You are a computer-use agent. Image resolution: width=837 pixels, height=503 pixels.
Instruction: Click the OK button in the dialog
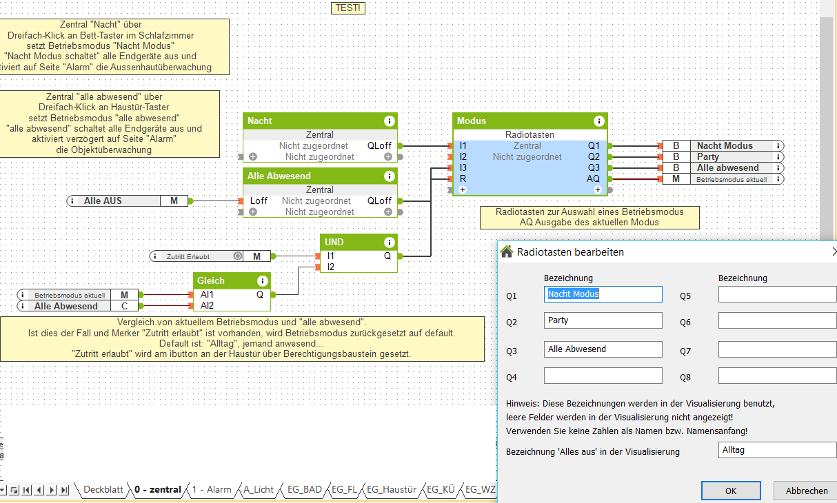pos(731,491)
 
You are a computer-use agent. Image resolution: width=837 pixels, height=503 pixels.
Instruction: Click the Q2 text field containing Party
pos(603,320)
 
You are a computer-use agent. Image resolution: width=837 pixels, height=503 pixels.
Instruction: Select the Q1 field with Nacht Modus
pos(603,294)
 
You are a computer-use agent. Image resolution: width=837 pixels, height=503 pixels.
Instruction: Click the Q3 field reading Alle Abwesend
pos(603,349)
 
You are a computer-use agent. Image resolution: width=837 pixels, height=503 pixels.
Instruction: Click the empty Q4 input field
pos(603,376)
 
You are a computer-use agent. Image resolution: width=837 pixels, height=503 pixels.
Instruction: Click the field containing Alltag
pos(777,450)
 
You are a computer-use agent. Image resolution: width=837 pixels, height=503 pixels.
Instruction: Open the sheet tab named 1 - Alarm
pos(212,490)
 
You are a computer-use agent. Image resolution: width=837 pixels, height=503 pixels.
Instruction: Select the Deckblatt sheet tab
pos(103,490)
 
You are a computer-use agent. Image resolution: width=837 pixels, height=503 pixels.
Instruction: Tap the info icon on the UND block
pos(389,243)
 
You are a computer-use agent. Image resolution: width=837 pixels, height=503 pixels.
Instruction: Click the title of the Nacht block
pos(260,121)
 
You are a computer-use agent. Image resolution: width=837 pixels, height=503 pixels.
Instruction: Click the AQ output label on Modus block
pos(593,179)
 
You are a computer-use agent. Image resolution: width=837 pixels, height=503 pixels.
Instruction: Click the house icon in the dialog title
pos(507,251)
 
